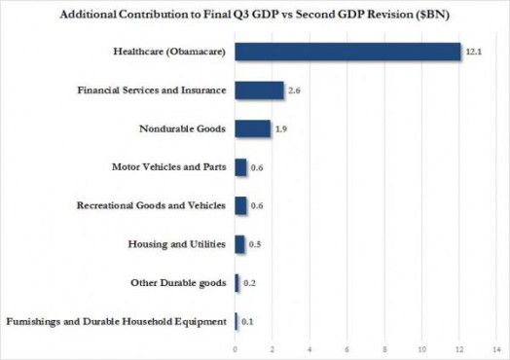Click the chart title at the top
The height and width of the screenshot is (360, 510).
coord(256,17)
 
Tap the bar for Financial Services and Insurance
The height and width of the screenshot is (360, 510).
coord(259,90)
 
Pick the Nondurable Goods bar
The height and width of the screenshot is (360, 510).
coord(252,128)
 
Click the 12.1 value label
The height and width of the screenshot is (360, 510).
coord(474,52)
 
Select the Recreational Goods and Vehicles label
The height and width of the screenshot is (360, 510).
coord(152,206)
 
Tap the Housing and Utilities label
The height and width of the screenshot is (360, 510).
coord(178,244)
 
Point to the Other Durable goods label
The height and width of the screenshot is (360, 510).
coord(178,283)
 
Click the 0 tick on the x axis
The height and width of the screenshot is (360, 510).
coord(235,348)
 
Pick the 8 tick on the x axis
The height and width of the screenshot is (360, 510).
coord(384,348)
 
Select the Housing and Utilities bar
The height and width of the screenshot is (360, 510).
coord(239,244)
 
